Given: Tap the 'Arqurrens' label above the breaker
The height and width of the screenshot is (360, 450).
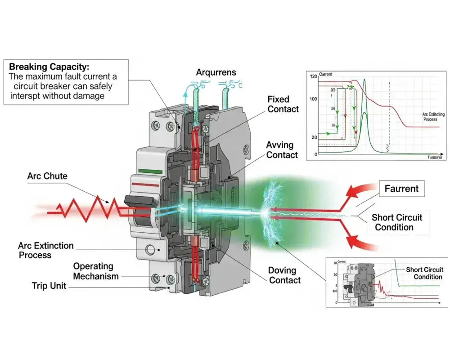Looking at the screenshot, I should [216, 72].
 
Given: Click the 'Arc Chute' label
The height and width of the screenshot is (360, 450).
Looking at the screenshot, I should [47, 175].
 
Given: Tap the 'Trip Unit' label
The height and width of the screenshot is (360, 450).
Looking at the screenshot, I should [49, 286].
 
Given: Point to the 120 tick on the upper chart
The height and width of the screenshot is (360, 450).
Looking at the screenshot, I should [314, 76].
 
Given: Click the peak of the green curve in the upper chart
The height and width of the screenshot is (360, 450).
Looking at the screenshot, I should [365, 80].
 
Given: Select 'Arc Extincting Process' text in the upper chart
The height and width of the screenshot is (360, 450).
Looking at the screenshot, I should [423, 117].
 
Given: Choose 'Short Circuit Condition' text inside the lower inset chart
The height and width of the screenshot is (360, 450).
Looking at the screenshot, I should [424, 273].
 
